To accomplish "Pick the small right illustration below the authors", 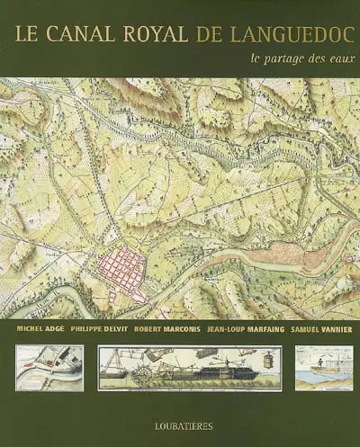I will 324,367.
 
